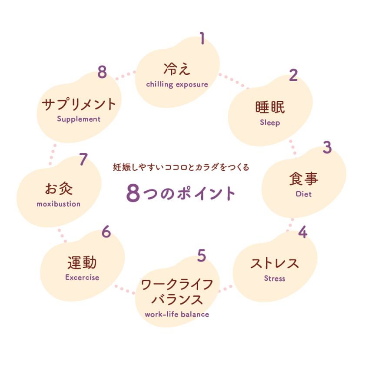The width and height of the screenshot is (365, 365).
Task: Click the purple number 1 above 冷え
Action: [202, 38]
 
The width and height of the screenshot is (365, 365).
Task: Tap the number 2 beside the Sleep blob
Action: [293, 75]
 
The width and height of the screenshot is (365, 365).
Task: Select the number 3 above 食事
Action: [327, 147]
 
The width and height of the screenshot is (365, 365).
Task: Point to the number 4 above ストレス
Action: [302, 232]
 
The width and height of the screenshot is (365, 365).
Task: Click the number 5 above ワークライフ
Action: [202, 255]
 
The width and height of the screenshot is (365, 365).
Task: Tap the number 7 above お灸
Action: [83, 159]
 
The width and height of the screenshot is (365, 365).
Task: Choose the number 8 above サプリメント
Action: [102, 72]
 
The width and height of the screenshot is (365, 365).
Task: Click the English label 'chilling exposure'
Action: [177, 84]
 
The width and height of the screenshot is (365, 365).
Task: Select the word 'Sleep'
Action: [270, 123]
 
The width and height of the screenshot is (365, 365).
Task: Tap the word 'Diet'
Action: [304, 194]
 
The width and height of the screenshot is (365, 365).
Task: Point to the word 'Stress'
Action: [275, 278]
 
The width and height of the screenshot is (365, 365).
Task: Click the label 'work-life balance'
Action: [177, 314]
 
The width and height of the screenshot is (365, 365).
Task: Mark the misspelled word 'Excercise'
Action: [82, 277]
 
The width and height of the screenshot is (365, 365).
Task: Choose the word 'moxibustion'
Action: [58, 204]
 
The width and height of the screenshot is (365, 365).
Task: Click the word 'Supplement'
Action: [79, 119]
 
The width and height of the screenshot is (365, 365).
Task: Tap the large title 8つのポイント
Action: [181, 193]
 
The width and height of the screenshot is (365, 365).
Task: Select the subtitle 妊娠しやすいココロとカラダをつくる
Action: [181, 167]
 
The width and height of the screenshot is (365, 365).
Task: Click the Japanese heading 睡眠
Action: [270, 107]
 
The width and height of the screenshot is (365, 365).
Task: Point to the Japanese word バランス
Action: [177, 299]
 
